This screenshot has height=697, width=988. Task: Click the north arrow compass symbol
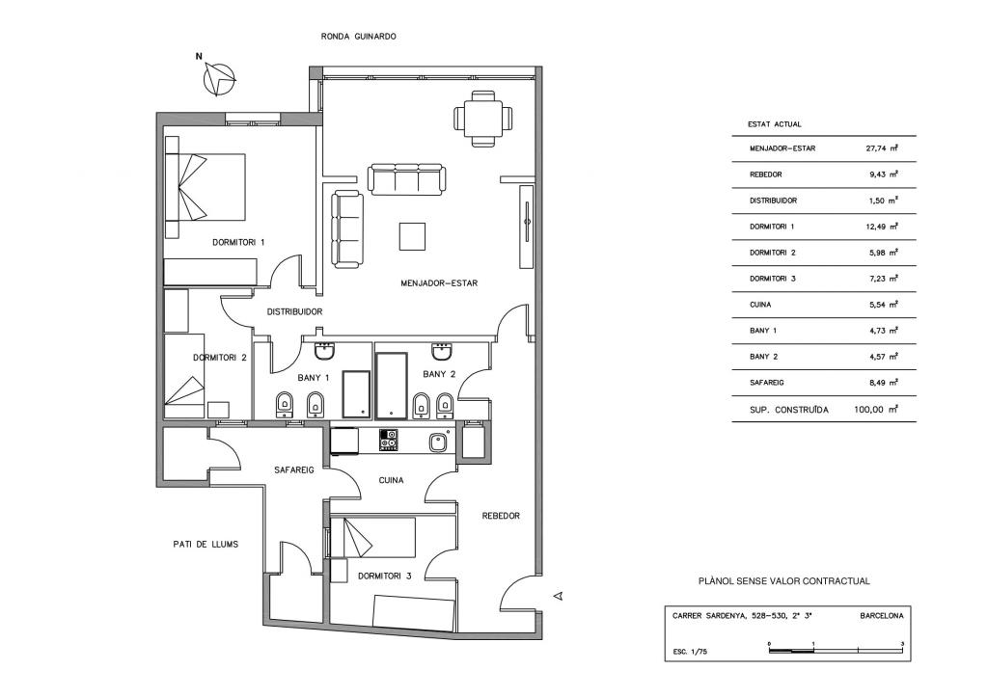221,78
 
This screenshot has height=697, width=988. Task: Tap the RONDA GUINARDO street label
359,36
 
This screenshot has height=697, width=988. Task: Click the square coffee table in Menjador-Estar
413,236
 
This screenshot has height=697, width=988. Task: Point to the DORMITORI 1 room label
238,243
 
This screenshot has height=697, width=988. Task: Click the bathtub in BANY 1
357,393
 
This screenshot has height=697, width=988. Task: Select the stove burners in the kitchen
389,440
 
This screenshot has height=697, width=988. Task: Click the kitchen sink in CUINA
437,442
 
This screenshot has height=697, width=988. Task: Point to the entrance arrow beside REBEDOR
557,598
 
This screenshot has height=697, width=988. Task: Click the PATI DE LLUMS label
199,544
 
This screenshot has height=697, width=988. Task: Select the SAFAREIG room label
294,469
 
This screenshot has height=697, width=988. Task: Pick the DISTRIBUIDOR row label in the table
773,201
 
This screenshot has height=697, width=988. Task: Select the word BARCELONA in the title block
881,615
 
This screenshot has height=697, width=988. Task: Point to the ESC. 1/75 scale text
690,653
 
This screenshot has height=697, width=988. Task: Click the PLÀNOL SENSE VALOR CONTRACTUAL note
783,581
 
